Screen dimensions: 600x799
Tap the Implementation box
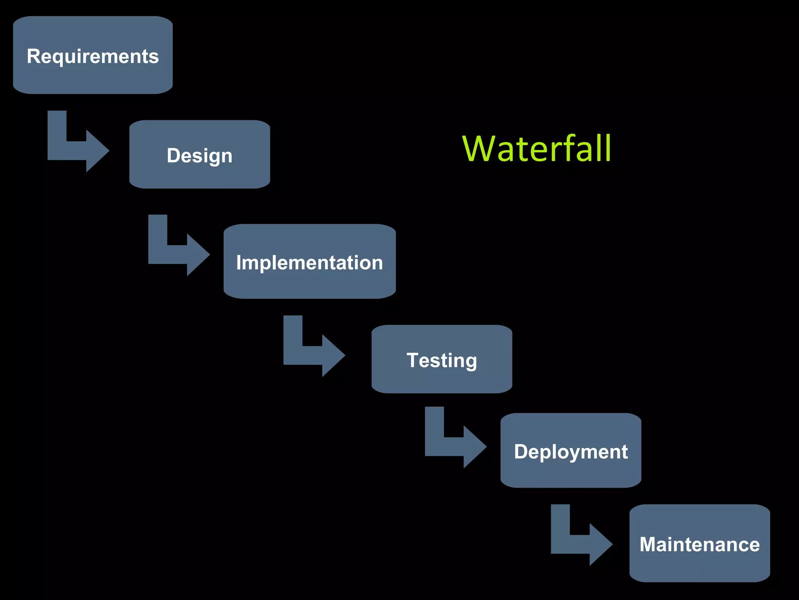[309, 283]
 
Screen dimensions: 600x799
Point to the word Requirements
[92, 56]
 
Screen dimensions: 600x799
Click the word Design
[199, 155]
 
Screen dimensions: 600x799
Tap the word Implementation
[309, 262]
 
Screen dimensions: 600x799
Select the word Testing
[442, 360]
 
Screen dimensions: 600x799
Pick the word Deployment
[570, 452]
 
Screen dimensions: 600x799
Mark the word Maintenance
[699, 544]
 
